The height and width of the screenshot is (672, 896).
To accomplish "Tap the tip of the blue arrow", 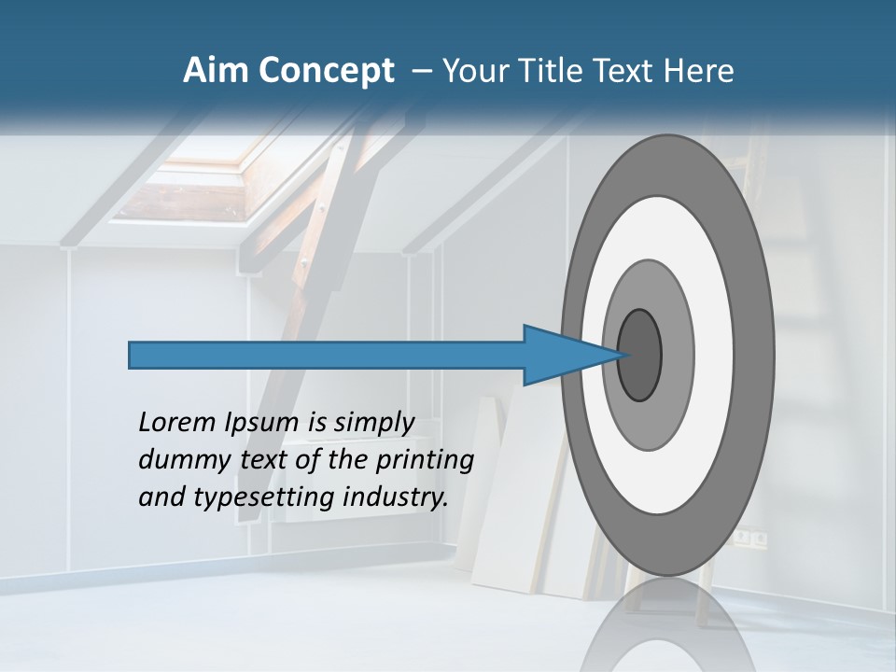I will (623, 355).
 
